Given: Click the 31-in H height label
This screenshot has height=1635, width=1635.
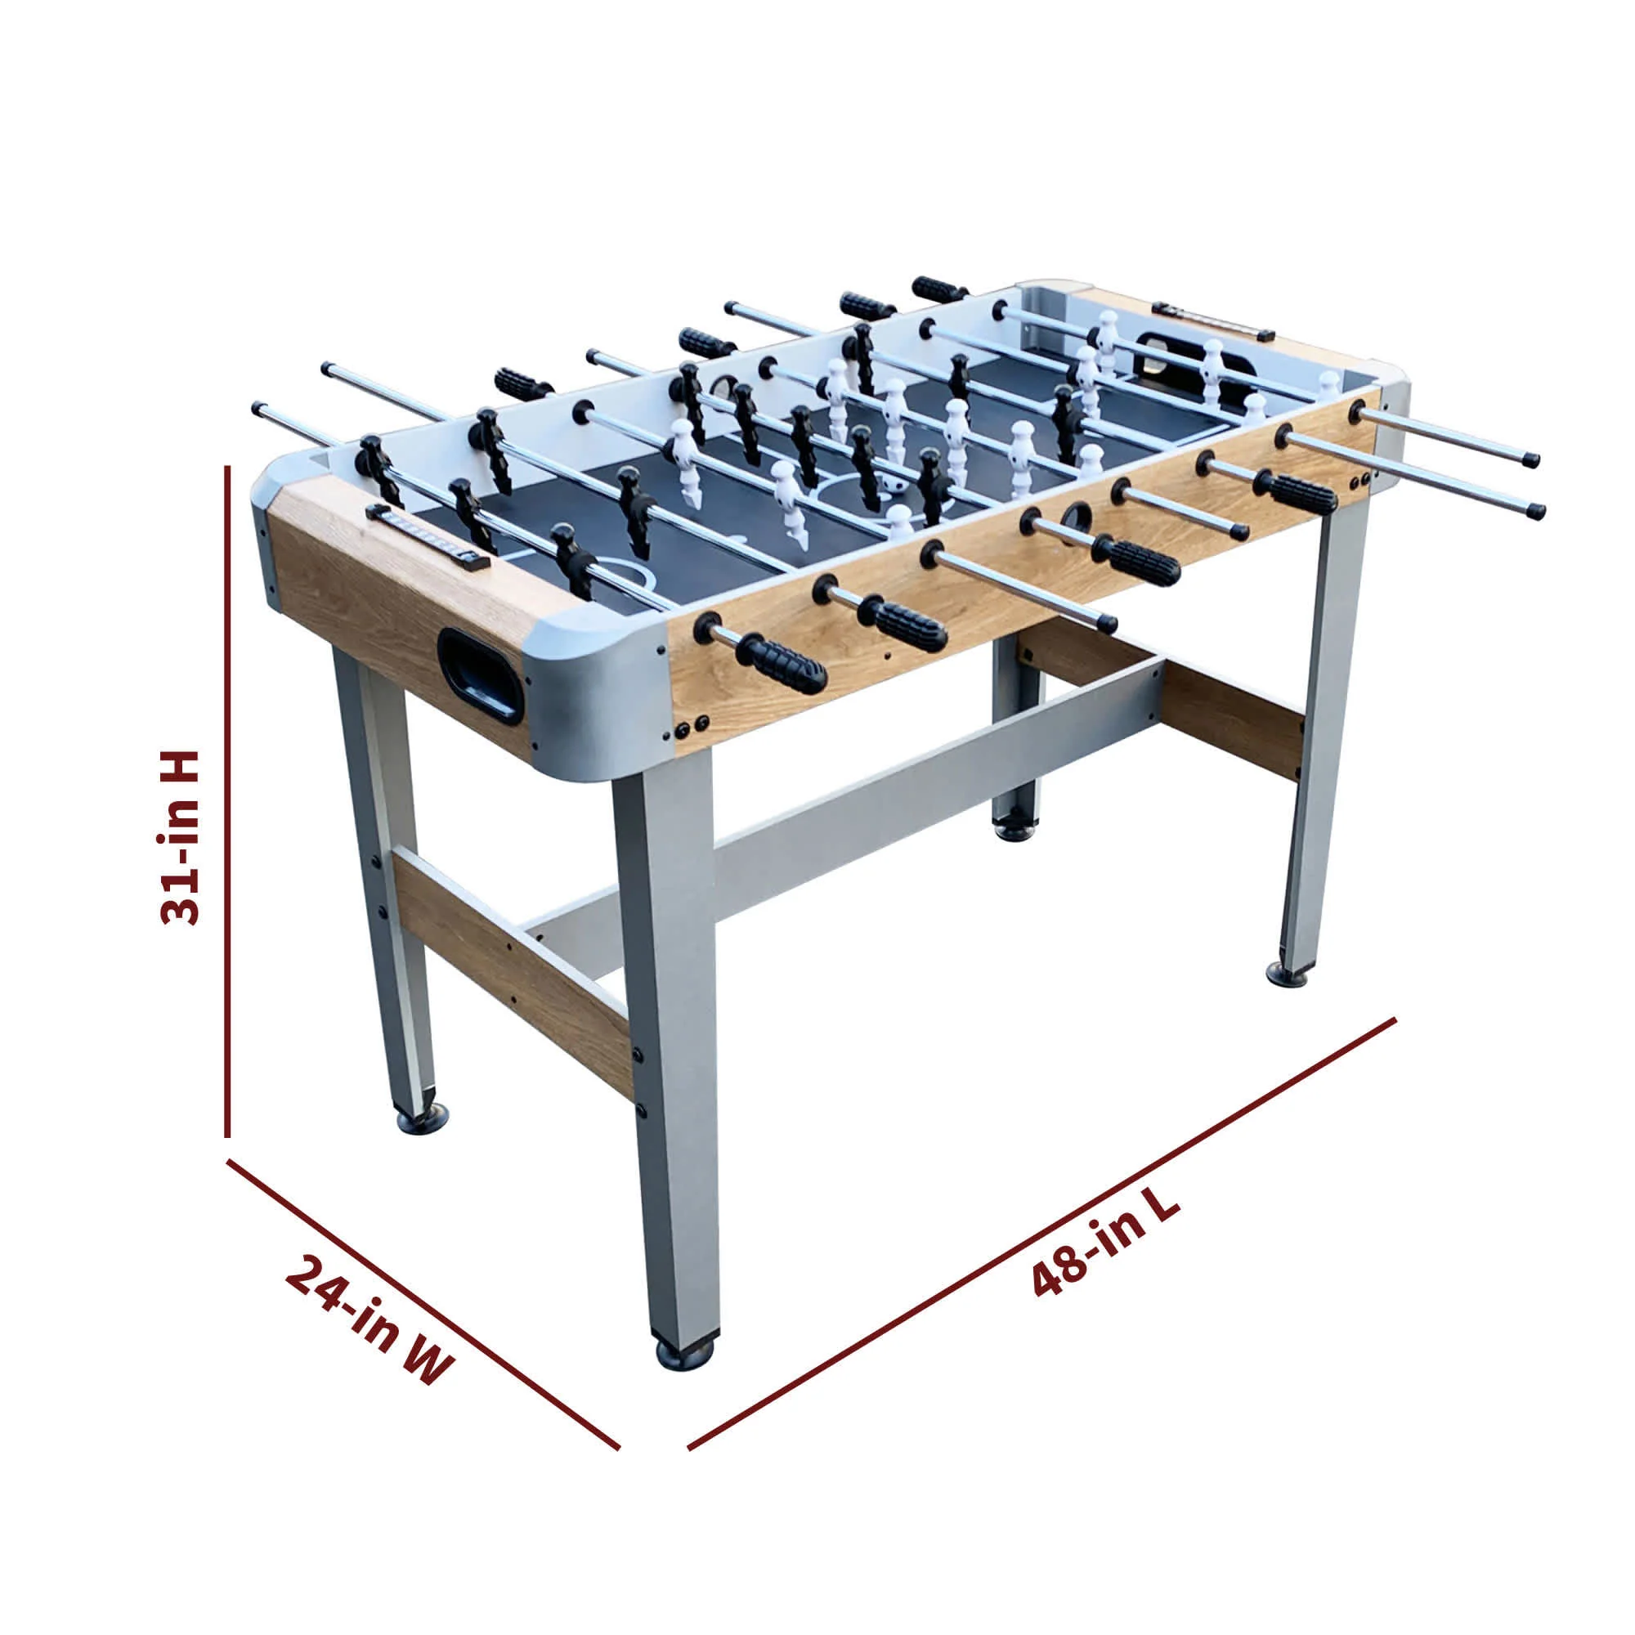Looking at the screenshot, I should pyautogui.click(x=179, y=837).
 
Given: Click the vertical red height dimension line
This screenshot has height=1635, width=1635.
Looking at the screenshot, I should pyautogui.click(x=227, y=804).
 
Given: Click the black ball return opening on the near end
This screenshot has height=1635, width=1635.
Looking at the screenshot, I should pyautogui.click(x=480, y=674).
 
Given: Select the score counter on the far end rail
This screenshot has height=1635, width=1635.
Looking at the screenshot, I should pyautogui.click(x=1211, y=320).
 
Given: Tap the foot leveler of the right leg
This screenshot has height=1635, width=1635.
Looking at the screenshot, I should pyautogui.click(x=1290, y=976).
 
